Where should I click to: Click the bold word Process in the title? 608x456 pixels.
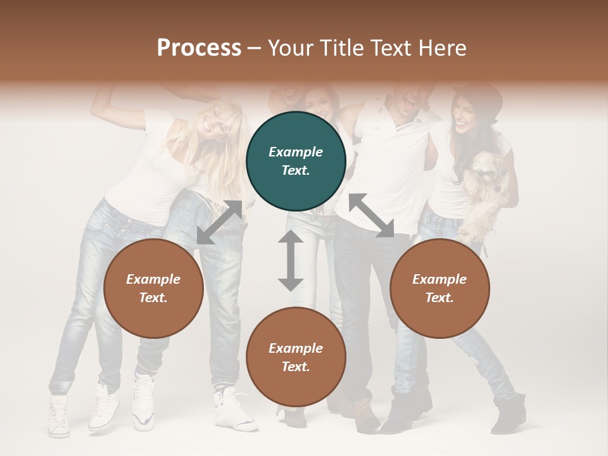point(199,48)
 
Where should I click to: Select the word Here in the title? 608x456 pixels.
point(443,48)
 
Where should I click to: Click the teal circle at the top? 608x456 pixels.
point(296,161)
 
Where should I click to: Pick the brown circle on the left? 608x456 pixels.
point(153,289)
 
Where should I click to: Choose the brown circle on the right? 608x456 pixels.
point(440,289)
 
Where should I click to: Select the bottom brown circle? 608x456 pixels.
point(296,357)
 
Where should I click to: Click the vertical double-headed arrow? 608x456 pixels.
point(291,260)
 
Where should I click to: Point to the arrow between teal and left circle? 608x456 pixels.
point(219,222)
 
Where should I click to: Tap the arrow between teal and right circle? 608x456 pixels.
point(372,215)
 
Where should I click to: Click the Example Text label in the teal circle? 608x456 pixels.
point(296,161)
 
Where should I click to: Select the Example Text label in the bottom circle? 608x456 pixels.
point(296,357)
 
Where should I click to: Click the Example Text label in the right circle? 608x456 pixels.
point(440,289)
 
